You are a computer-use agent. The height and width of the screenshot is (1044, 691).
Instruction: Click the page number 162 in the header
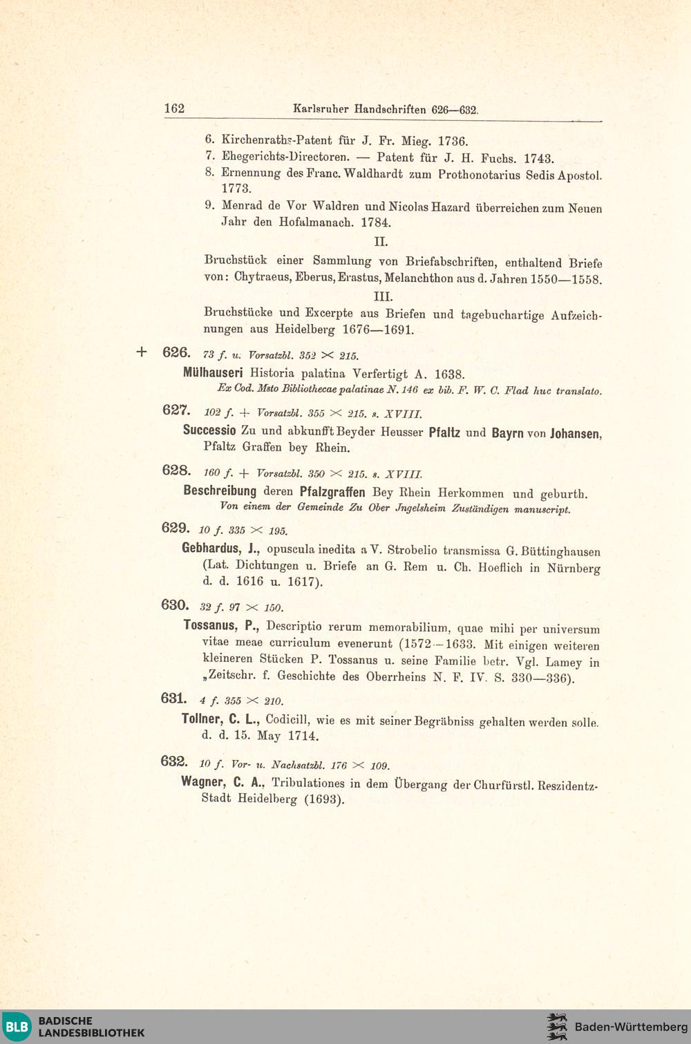pos(174,108)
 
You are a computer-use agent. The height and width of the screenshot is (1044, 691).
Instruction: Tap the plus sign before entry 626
pos(142,352)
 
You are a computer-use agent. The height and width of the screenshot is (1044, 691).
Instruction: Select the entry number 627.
pos(176,410)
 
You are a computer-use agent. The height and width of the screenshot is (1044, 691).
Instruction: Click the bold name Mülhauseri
pos(213,372)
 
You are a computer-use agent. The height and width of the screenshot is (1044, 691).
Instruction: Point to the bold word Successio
pos(209,430)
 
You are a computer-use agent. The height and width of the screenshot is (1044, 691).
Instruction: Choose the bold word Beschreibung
pos(220,491)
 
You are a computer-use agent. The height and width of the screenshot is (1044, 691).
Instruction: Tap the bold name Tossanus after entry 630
pos(210,626)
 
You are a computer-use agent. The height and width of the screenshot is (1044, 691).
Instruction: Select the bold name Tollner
pos(202,719)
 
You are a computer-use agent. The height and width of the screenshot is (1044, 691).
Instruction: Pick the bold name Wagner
pos(202,782)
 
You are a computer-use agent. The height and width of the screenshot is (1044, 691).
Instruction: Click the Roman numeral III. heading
pos(383,296)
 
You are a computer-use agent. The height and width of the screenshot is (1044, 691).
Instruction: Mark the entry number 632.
pos(173,761)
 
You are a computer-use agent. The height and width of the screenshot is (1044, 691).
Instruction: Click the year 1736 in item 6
pos(453,141)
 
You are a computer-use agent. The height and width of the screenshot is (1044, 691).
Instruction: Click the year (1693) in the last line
pos(324,799)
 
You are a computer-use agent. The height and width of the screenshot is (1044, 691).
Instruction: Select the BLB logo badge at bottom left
pos(17,1026)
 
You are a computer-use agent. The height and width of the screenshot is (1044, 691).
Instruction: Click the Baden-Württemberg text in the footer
pos(631,1027)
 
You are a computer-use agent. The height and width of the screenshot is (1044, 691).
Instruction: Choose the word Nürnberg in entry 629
pos(574,568)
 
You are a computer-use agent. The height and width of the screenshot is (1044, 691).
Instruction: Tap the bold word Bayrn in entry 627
pos(507,433)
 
